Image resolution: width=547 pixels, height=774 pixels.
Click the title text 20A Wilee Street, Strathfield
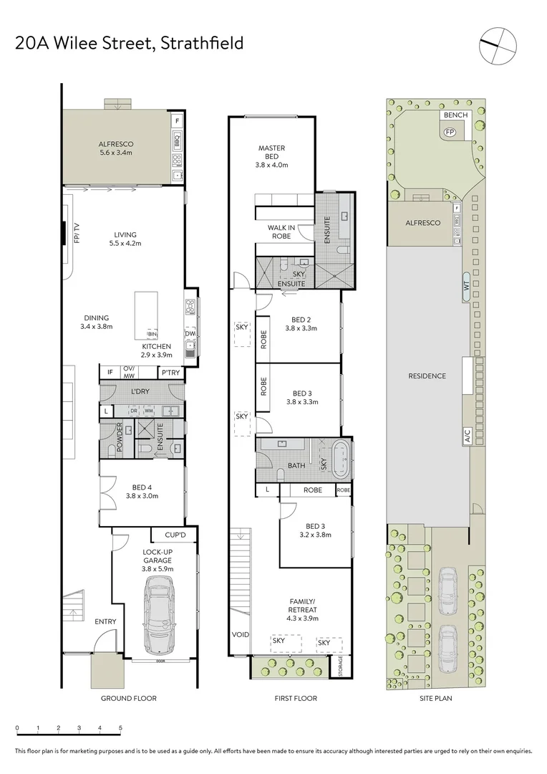coord(130,44)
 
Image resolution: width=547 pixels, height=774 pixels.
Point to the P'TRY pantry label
coord(170,372)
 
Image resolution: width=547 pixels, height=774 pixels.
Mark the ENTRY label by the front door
coord(105,621)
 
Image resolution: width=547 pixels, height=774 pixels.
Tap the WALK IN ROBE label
coord(281,231)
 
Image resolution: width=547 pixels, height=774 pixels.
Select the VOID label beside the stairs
coord(240,634)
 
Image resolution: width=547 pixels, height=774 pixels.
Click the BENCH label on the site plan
coord(455,115)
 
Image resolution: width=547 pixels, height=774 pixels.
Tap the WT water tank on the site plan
coord(465,285)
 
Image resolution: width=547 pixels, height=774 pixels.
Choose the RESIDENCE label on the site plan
coord(427,376)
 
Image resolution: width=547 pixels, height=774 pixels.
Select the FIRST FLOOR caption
coord(296,698)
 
